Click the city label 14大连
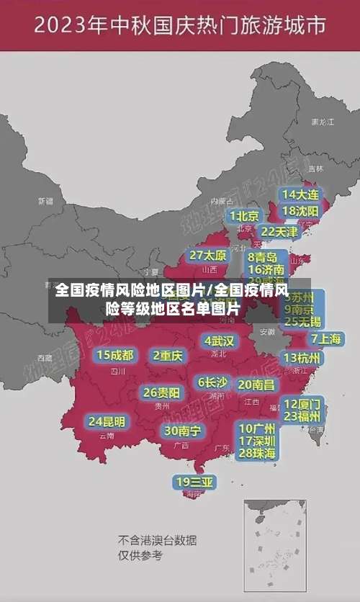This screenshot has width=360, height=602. (x=300, y=194)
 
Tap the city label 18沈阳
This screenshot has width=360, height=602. (x=300, y=211)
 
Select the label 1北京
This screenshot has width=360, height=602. (x=244, y=216)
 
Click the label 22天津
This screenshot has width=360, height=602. (x=279, y=232)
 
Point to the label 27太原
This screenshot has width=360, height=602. (x=208, y=256)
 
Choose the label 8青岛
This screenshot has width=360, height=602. (x=263, y=257)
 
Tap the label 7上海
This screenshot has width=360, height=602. (x=326, y=338)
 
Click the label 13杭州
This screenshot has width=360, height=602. (x=303, y=358)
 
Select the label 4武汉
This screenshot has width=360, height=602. (x=219, y=341)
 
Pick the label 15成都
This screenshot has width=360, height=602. (x=115, y=355)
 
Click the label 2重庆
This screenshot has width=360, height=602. (x=168, y=355)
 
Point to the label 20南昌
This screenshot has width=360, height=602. (x=256, y=385)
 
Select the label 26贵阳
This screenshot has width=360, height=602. (x=162, y=392)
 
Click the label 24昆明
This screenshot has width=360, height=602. (x=107, y=421)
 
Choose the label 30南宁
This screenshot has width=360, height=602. (x=183, y=431)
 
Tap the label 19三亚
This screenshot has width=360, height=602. (x=194, y=482)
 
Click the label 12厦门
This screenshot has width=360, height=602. (x=302, y=404)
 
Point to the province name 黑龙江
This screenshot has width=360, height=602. (x=322, y=122)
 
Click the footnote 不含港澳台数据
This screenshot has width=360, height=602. (x=157, y=540)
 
